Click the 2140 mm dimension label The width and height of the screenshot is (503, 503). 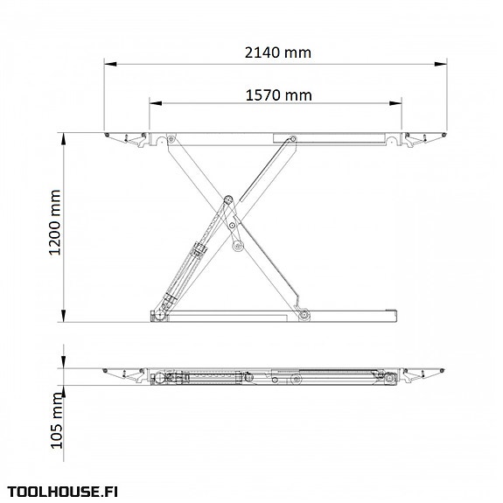coord(276,52)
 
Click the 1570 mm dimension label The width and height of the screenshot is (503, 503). coord(278,94)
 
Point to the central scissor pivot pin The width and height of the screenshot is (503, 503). coord(228,200)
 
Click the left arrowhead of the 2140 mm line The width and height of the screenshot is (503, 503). coord(110,62)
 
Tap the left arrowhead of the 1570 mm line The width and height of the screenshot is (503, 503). coord(153,102)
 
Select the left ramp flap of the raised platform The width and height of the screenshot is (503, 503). coord(127,139)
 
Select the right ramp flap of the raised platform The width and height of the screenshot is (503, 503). coord(425,139)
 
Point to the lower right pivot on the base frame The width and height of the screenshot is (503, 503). coord(304,315)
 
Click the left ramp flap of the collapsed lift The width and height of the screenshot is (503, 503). coord(124,374)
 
